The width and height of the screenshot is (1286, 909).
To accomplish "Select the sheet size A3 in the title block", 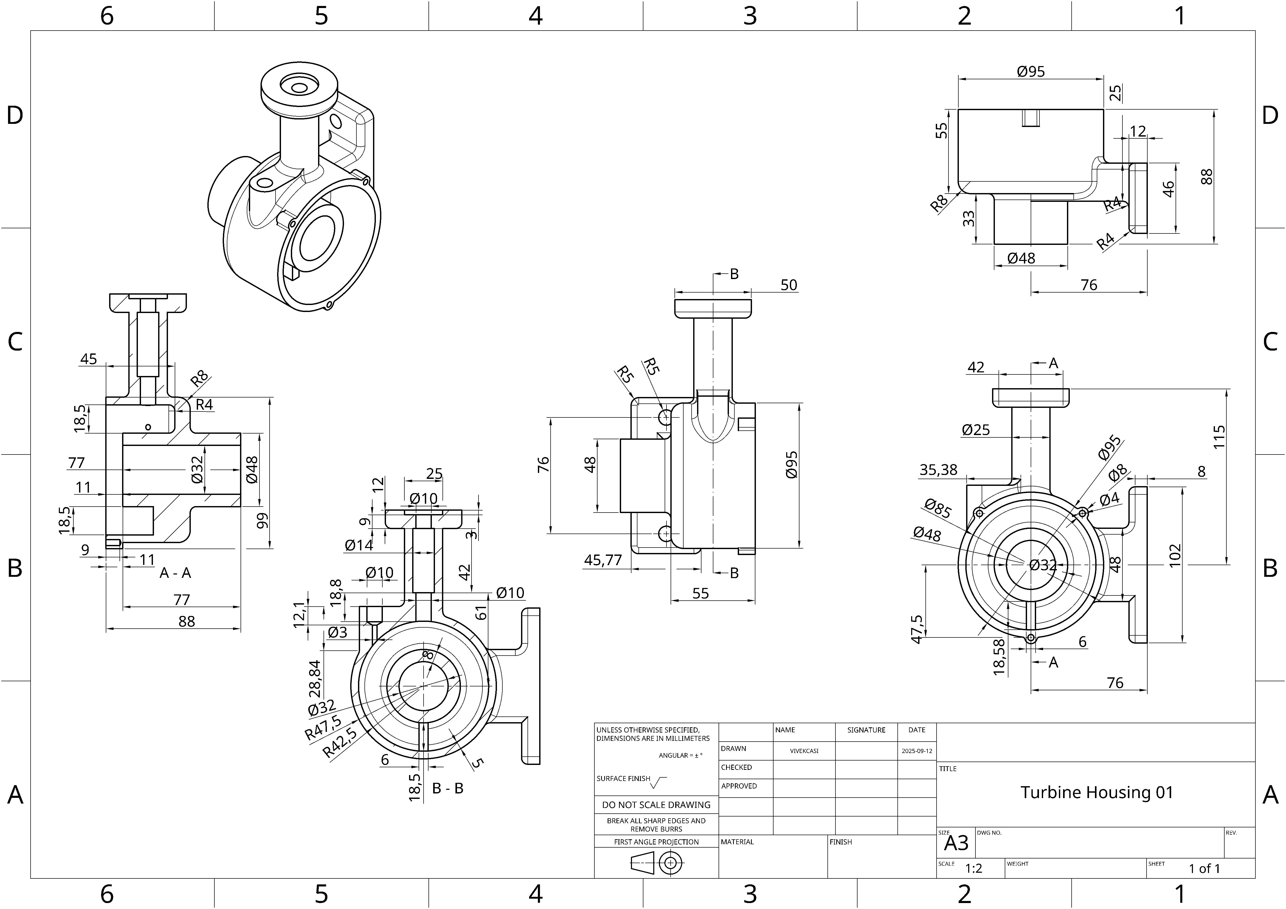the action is pyautogui.click(x=956, y=843).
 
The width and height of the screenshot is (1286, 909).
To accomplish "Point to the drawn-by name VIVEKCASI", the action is pyautogui.click(x=804, y=751).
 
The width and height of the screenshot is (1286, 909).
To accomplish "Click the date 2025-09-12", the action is pyautogui.click(x=917, y=751).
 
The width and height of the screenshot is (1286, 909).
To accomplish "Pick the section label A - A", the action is pyautogui.click(x=175, y=573).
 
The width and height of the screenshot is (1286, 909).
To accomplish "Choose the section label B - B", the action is pyautogui.click(x=447, y=788).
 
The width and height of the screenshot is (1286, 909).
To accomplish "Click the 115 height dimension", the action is pyautogui.click(x=1219, y=437).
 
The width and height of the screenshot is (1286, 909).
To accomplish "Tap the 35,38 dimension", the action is pyautogui.click(x=938, y=470).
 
